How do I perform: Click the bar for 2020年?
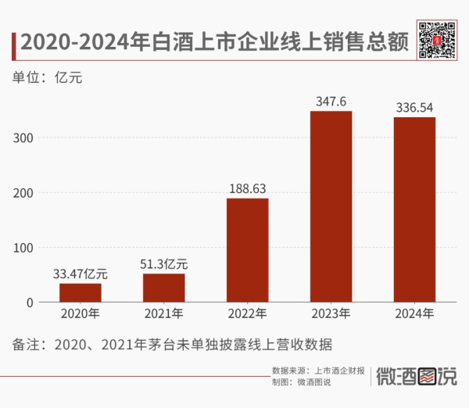[x=81, y=292]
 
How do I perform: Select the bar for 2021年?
[x=164, y=288]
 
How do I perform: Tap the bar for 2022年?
[x=248, y=250]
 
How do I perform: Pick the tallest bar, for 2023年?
[x=331, y=206]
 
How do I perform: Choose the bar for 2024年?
[x=414, y=209]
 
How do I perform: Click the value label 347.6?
[x=331, y=102]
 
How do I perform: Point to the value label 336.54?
[x=414, y=108]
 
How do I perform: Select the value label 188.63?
[x=248, y=188]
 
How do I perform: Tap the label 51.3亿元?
[x=164, y=263]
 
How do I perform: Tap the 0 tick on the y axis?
[x=31, y=302]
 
